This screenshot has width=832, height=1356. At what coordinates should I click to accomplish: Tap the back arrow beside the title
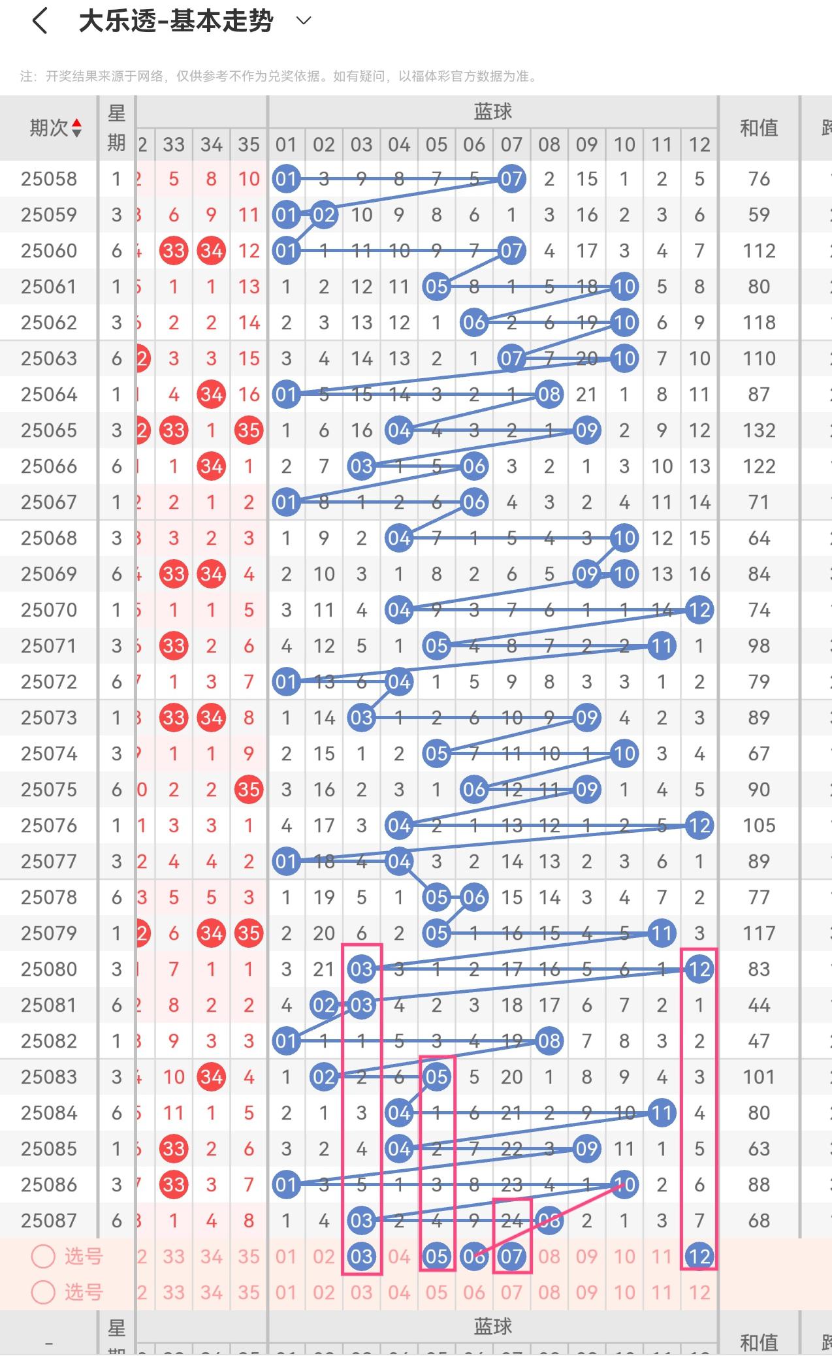[x=40, y=21]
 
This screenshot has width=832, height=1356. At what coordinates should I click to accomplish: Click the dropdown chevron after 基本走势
[x=304, y=21]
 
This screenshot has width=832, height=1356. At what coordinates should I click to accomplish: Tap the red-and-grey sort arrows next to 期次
[x=77, y=128]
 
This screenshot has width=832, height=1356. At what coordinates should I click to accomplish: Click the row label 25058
[x=49, y=179]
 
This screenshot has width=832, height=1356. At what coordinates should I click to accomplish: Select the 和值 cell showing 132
[x=759, y=430]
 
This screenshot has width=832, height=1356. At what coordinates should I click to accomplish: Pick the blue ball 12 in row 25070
[x=699, y=610]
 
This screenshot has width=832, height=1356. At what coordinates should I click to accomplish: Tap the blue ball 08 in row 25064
[x=549, y=395]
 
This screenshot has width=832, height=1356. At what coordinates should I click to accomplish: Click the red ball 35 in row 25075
[x=249, y=790]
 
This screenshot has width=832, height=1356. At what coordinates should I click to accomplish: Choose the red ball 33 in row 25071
[x=174, y=646]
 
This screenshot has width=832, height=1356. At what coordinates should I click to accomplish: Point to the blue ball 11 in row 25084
[x=662, y=1113]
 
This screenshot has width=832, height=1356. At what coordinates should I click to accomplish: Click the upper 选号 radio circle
[x=43, y=1256]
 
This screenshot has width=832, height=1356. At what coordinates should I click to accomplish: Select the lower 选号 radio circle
[x=43, y=1292]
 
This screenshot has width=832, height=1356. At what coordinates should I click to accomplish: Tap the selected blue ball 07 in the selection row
[x=511, y=1256]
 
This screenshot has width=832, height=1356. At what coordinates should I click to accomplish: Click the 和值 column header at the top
[x=759, y=128]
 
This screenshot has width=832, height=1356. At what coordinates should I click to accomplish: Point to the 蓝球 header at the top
[x=492, y=112]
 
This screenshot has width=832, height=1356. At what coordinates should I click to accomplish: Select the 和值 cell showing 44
[x=759, y=1005]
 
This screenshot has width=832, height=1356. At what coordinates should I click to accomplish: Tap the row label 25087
[x=49, y=1221]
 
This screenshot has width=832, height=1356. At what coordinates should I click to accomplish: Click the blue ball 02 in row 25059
[x=324, y=215]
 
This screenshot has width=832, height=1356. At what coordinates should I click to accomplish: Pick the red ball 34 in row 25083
[x=211, y=1077]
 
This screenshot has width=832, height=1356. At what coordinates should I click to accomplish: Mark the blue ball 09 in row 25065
[x=586, y=430]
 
